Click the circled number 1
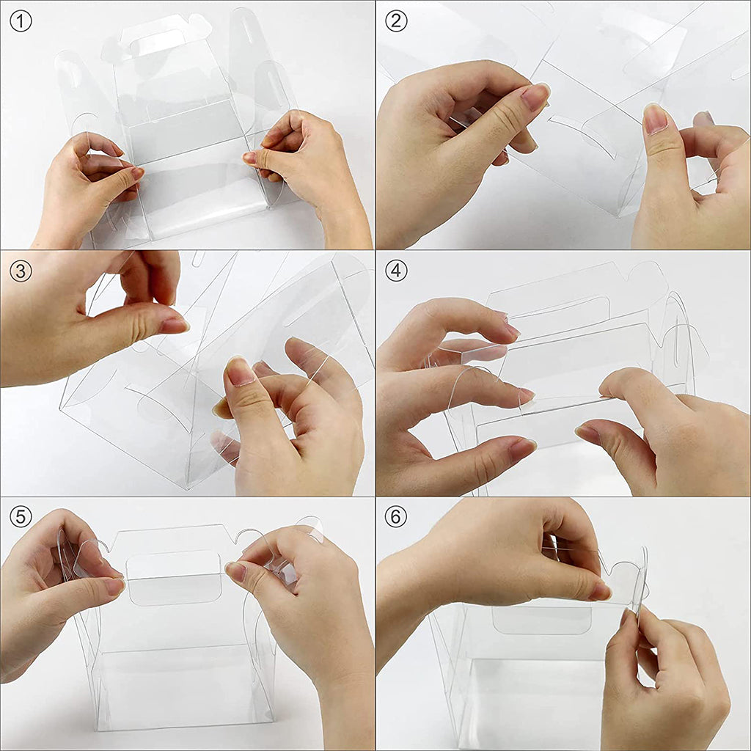pos(21,21)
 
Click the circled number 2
pos(396,21)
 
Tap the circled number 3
pos(21,271)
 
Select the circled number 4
pos(396,271)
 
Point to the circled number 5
pos(21,516)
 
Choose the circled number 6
pos(396,516)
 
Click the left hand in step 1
pos(81,191)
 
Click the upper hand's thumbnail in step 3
pos(175,324)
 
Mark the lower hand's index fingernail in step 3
pos(240,372)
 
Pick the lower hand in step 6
pos(660,682)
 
